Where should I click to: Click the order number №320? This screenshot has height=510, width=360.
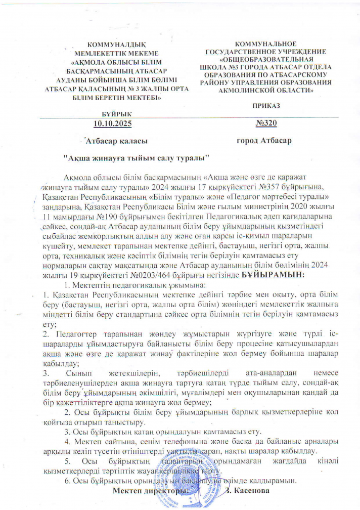point(266,123)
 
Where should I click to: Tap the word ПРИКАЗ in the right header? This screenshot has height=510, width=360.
point(266,105)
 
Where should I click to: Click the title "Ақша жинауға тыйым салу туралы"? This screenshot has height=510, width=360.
point(136,157)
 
